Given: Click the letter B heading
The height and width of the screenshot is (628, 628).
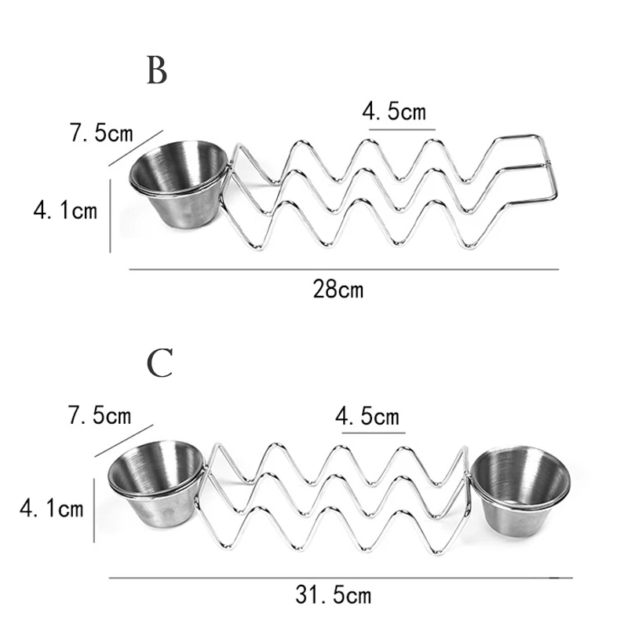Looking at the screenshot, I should point(157,71).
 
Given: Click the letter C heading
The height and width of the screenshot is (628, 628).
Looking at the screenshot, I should point(159,363).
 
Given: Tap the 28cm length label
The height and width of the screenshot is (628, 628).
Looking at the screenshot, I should point(338,289).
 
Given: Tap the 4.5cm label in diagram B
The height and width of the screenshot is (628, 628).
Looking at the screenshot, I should point(394,111).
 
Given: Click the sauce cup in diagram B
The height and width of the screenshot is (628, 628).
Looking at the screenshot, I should point(177,181).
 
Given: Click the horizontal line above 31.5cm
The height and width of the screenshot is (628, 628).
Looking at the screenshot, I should point(340,579).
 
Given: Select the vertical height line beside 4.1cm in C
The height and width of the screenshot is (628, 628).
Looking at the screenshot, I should point(95,510).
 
